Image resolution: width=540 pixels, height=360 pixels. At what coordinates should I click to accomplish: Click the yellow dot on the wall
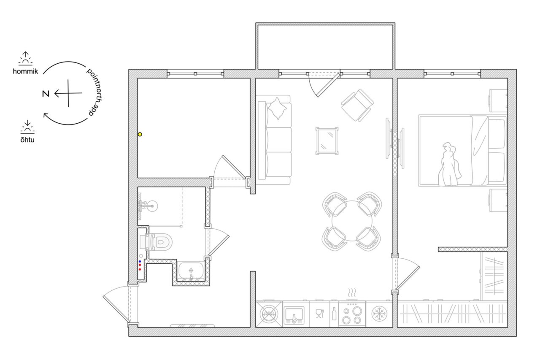pos(140,134)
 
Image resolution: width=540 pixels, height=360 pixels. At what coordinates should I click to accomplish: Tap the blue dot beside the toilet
pos(140,261)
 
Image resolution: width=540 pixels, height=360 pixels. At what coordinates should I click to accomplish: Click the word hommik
pos(25,71)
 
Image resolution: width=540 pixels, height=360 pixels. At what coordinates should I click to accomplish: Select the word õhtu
pos(27,140)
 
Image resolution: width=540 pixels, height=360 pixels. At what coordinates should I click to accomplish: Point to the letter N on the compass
pos(46,94)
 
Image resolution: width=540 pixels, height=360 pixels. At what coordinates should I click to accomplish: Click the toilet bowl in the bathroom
pos(160,241)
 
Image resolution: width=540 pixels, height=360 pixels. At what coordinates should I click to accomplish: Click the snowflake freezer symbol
pos(379,314)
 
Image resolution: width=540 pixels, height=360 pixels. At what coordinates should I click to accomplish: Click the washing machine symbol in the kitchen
pos(269,314)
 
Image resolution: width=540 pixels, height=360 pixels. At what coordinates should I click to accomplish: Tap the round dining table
pos(352,221)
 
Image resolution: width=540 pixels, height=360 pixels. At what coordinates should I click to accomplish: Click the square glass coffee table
pos(327,141)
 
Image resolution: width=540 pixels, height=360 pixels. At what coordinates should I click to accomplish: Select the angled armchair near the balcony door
pos(357,105)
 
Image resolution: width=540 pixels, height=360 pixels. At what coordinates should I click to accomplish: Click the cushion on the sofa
pos(277,108)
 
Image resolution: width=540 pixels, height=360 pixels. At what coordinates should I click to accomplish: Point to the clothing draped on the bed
pos(449,165)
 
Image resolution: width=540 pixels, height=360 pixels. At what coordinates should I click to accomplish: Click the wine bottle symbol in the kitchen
pos(334,314)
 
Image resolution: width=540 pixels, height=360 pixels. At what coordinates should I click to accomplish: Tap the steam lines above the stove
pos(352,292)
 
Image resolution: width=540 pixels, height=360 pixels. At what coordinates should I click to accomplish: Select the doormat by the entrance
pos(192,326)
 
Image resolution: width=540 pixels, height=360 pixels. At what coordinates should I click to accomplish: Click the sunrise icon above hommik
pos(25,58)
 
